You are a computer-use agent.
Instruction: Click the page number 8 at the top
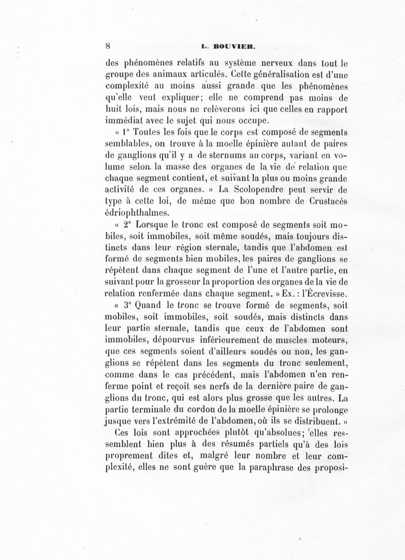[x=108, y=45]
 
